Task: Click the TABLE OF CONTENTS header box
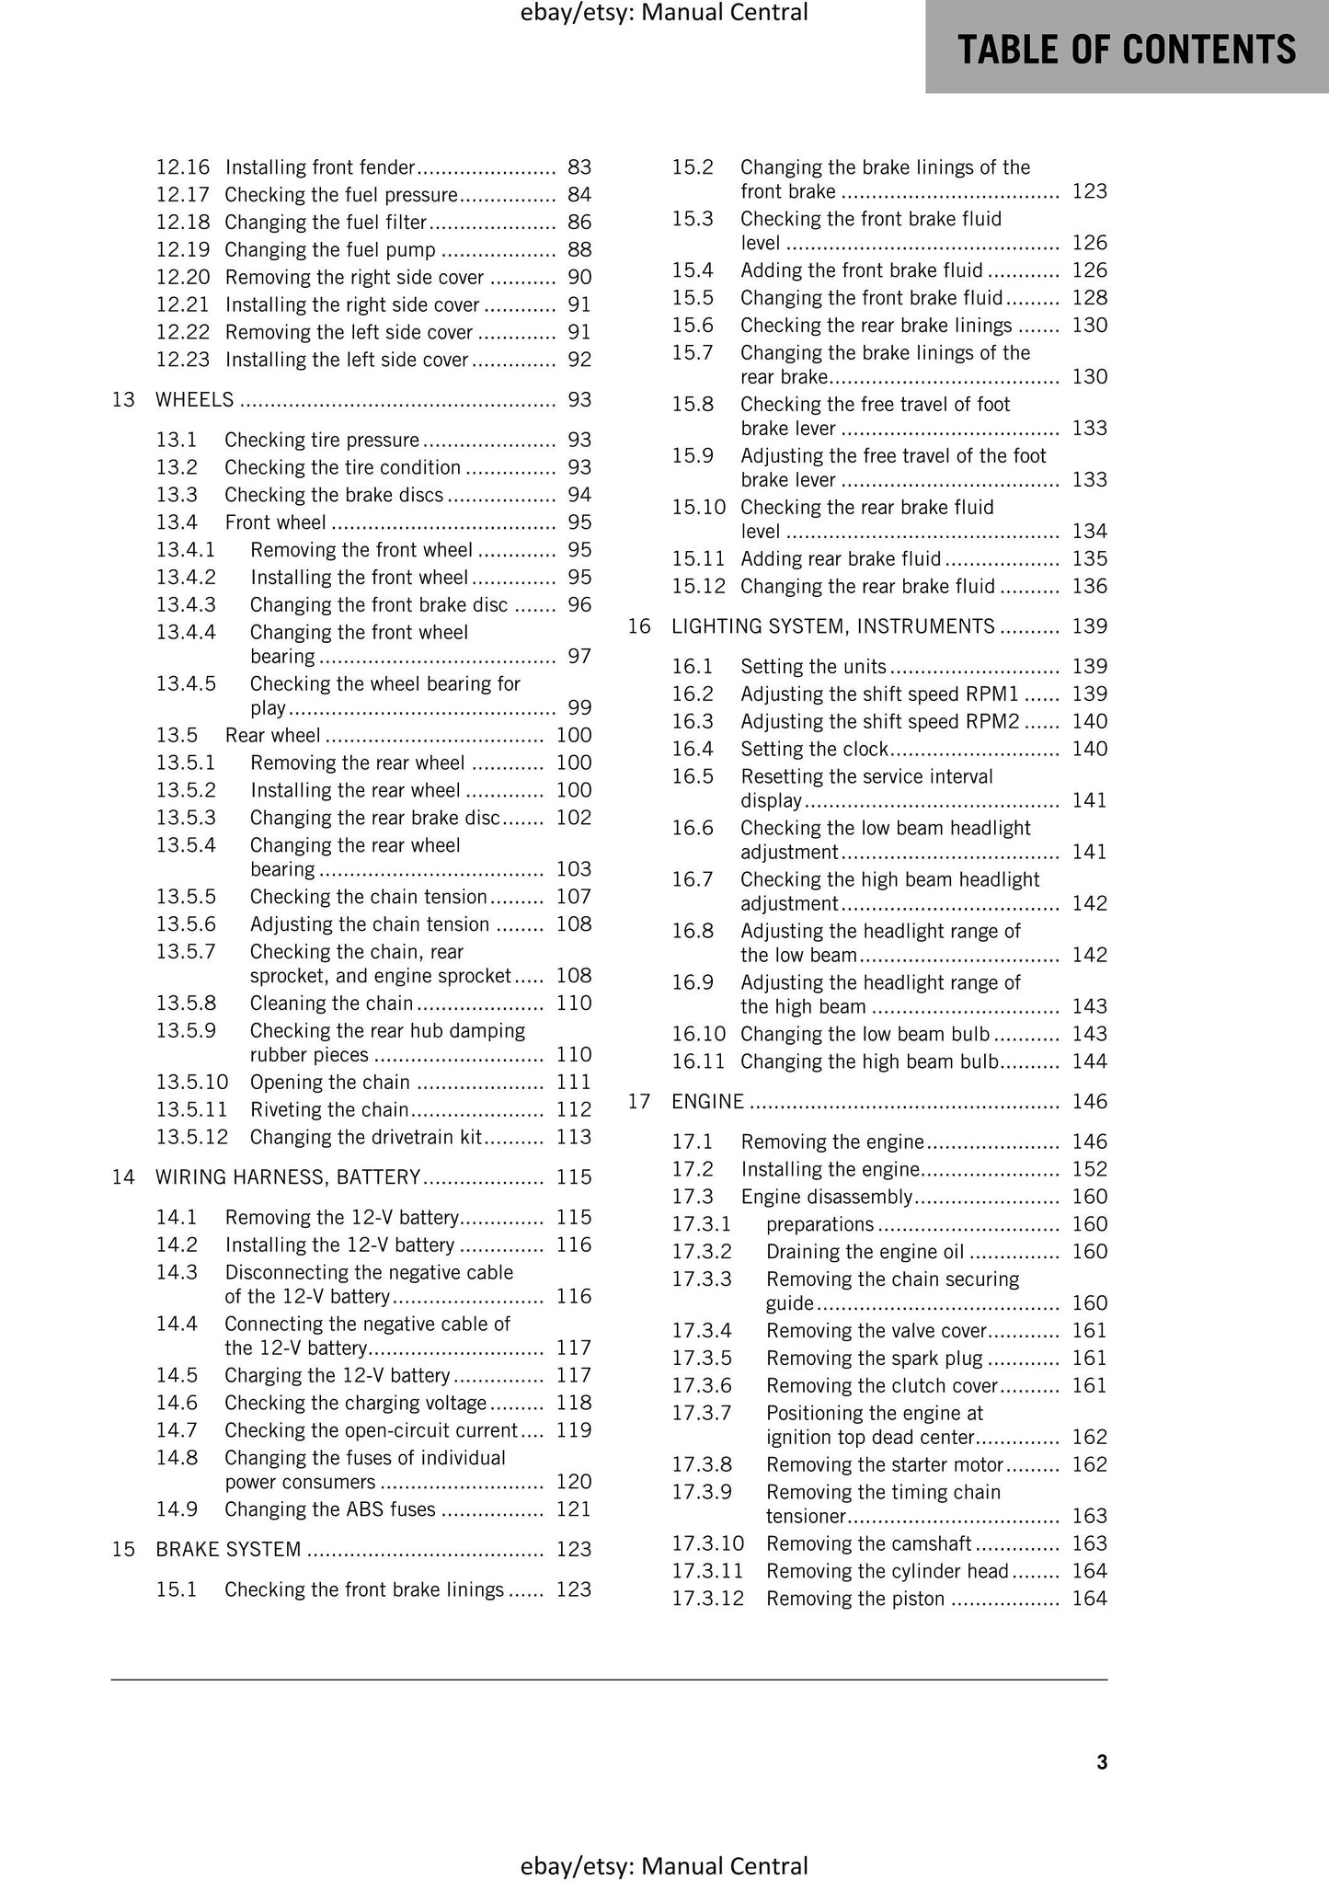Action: [x=1127, y=48]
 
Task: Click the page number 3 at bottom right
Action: [x=1102, y=1762]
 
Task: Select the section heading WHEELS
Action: [x=195, y=399]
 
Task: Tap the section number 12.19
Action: [x=182, y=249]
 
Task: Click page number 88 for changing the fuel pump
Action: [x=579, y=249]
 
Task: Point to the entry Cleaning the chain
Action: [x=331, y=1003]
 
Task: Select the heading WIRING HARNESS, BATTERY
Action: [x=288, y=1176]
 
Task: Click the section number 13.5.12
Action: [x=191, y=1137]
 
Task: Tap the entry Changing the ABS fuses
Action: [x=330, y=1508]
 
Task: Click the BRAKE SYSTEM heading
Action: [x=228, y=1549]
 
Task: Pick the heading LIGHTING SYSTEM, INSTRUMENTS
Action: [x=833, y=626]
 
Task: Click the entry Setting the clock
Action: [x=814, y=749]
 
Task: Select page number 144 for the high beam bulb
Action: [x=1089, y=1061]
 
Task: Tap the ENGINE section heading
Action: [x=707, y=1101]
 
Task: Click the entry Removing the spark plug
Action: [x=874, y=1358]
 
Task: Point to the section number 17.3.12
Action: [x=707, y=1598]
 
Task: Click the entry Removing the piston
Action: [x=854, y=1598]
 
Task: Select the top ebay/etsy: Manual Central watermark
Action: [x=663, y=13]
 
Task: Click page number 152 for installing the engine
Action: [x=1089, y=1169]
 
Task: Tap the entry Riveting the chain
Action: [x=329, y=1109]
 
